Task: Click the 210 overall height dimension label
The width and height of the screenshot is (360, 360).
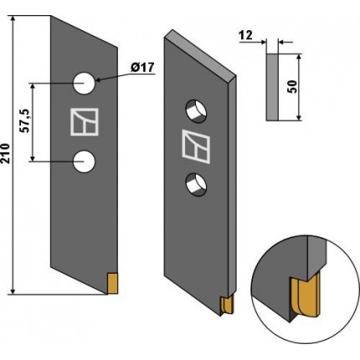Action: (x=6, y=153)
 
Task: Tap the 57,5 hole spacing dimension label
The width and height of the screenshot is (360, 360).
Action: (x=25, y=121)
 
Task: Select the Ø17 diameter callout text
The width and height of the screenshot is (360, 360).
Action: (x=142, y=68)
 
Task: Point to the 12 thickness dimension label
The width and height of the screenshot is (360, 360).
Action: (x=246, y=35)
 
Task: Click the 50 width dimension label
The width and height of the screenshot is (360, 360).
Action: (x=292, y=87)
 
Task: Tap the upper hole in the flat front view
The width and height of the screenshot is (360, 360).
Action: (x=84, y=84)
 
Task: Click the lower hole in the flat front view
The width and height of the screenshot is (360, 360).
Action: (x=84, y=162)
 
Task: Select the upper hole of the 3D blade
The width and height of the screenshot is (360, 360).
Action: (x=197, y=111)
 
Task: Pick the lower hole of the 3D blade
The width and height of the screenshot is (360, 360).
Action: (x=197, y=184)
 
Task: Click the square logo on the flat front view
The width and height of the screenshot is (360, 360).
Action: (x=85, y=122)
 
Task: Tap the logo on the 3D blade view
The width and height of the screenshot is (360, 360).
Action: (x=196, y=147)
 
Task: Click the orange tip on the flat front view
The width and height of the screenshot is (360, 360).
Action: (x=112, y=284)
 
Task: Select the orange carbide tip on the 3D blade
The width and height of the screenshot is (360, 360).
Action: (x=227, y=306)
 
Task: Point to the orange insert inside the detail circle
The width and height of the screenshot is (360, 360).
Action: (x=306, y=296)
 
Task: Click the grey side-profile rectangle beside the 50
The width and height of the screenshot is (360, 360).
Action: (x=273, y=87)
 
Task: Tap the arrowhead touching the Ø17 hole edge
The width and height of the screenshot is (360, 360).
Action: (x=99, y=80)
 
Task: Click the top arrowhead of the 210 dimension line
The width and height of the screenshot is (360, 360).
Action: (x=13, y=19)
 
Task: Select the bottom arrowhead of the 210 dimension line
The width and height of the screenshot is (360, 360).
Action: (x=13, y=291)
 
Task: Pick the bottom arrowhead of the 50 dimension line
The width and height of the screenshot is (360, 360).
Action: (x=299, y=117)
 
